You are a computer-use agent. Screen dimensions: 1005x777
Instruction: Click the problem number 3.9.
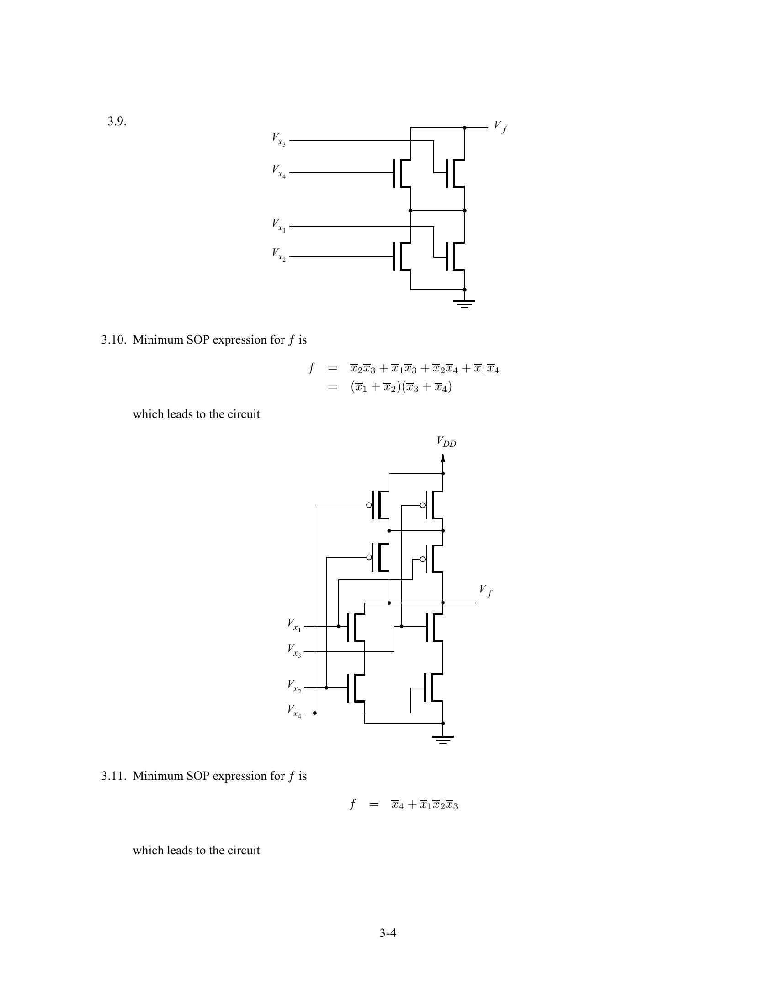(117, 122)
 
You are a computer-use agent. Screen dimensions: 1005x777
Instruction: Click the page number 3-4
(388, 933)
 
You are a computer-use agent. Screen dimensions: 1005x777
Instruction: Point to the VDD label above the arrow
(446, 442)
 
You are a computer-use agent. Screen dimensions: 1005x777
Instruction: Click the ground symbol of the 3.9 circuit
(464, 302)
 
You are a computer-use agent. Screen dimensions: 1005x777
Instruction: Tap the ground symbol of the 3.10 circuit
(443, 739)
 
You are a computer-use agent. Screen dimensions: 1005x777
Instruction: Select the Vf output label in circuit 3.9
(500, 126)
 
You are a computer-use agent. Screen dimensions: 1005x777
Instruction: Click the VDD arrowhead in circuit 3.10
(443, 458)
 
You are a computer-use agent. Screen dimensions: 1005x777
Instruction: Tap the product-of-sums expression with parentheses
(401, 387)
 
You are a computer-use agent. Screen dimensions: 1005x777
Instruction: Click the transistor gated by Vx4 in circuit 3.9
(402, 173)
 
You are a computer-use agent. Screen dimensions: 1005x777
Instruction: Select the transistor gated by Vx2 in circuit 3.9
(402, 256)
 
